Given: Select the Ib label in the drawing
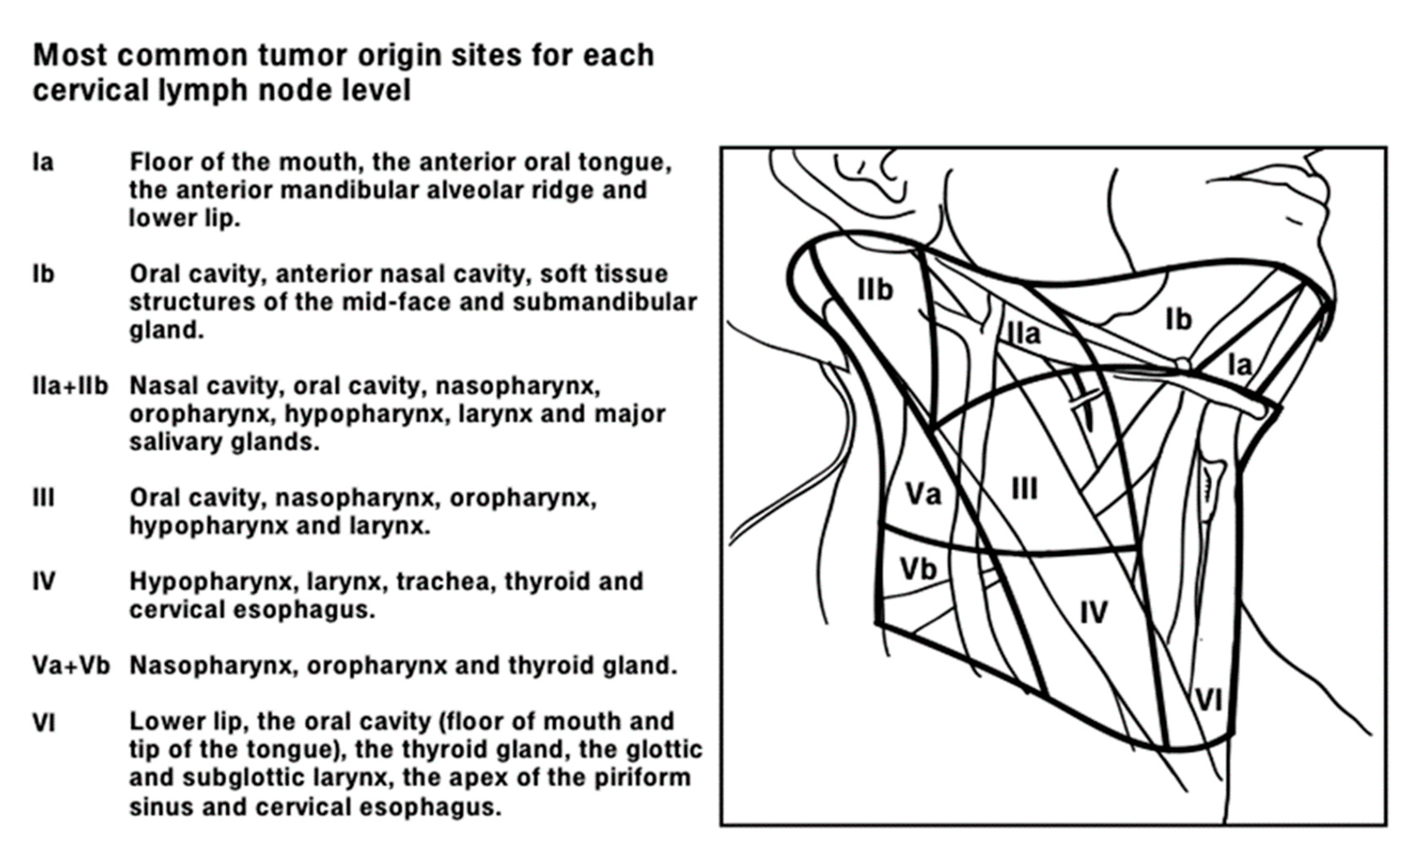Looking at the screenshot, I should (1178, 319).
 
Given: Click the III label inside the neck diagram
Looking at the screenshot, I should (1024, 489).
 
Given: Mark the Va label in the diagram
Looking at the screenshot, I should (923, 494).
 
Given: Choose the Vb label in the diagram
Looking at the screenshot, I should (918, 569).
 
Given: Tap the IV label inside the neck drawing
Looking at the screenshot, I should (1094, 613).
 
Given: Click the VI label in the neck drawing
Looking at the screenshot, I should (1209, 699).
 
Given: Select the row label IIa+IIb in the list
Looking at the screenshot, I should (70, 386).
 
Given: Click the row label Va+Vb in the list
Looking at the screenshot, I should (71, 666).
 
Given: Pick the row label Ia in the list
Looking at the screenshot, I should (43, 162).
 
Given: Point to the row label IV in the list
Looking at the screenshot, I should (44, 581).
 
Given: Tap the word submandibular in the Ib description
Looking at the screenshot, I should (605, 302).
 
